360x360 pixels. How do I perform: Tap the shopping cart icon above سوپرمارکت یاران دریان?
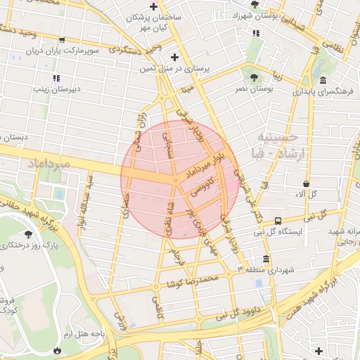click(63, 39)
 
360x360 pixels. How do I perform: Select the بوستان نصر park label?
click(254, 89)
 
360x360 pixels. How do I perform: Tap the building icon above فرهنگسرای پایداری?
click(322, 81)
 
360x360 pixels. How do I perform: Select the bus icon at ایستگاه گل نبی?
click(278, 220)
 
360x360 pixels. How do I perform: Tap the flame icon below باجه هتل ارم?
click(56, 349)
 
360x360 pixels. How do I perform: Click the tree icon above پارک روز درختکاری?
click(28, 233)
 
